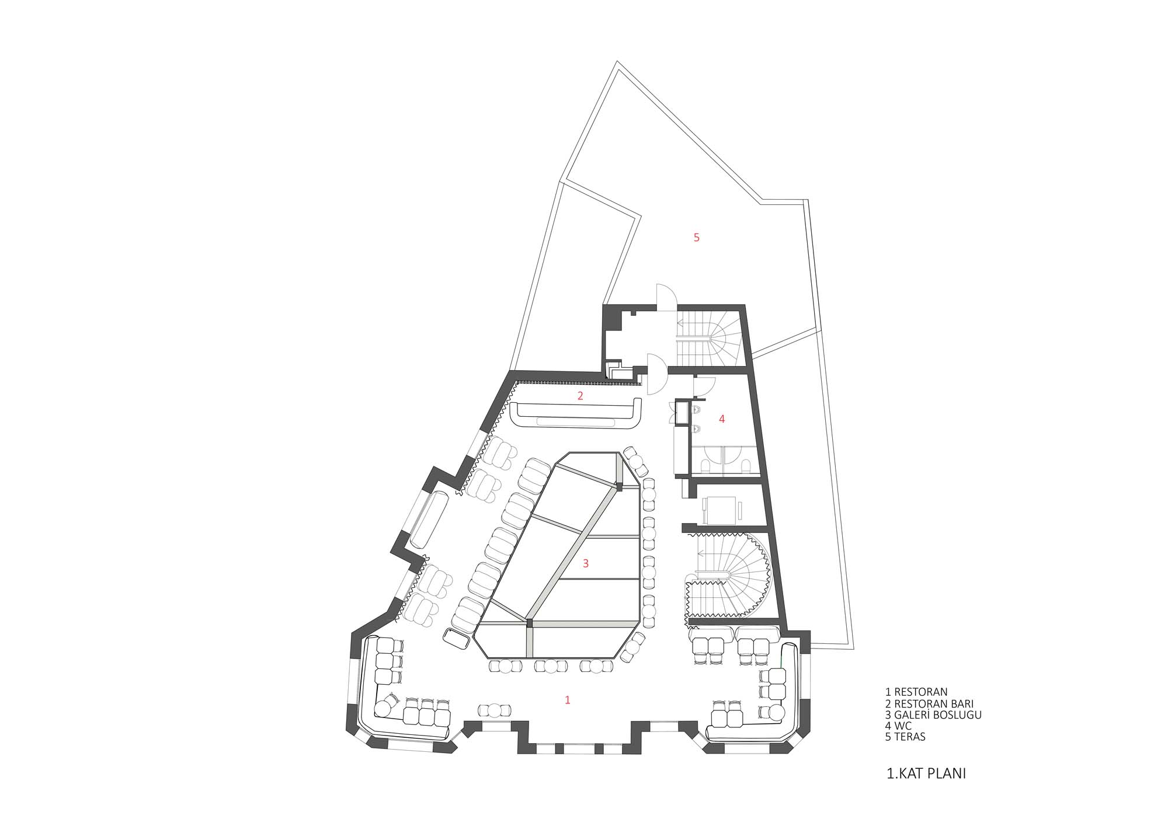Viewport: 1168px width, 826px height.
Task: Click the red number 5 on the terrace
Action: pyautogui.click(x=696, y=238)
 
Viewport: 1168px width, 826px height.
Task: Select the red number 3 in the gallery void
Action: pyautogui.click(x=586, y=563)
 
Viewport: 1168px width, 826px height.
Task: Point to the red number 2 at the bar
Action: pyautogui.click(x=580, y=395)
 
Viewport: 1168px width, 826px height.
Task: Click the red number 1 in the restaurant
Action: pyautogui.click(x=567, y=700)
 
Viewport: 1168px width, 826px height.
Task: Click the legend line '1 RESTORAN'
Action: pyautogui.click(x=916, y=692)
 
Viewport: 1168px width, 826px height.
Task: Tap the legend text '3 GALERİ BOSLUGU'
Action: pyautogui.click(x=933, y=715)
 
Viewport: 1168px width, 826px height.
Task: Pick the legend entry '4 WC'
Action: pyautogui.click(x=898, y=726)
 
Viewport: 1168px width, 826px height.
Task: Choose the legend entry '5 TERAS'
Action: pyautogui.click(x=906, y=737)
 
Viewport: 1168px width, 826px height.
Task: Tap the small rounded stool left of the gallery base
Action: pyautogui.click(x=457, y=639)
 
